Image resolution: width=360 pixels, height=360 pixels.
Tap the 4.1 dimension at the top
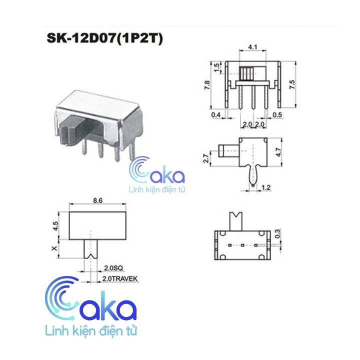(x=252, y=48)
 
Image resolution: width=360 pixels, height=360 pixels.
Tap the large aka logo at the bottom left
(x=89, y=306)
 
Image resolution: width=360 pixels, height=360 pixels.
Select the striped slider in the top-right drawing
(x=247, y=73)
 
